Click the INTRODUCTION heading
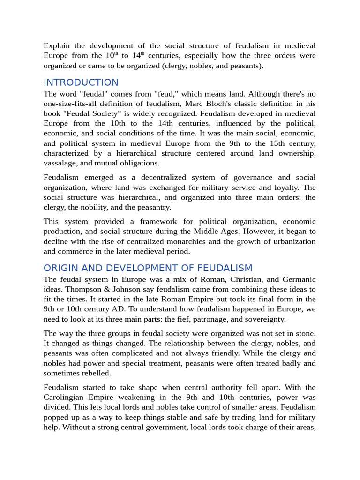pos(81,82)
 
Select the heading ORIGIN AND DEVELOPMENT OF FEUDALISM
pos(148,268)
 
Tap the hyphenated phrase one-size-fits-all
pos(75,104)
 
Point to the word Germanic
pos(298,279)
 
